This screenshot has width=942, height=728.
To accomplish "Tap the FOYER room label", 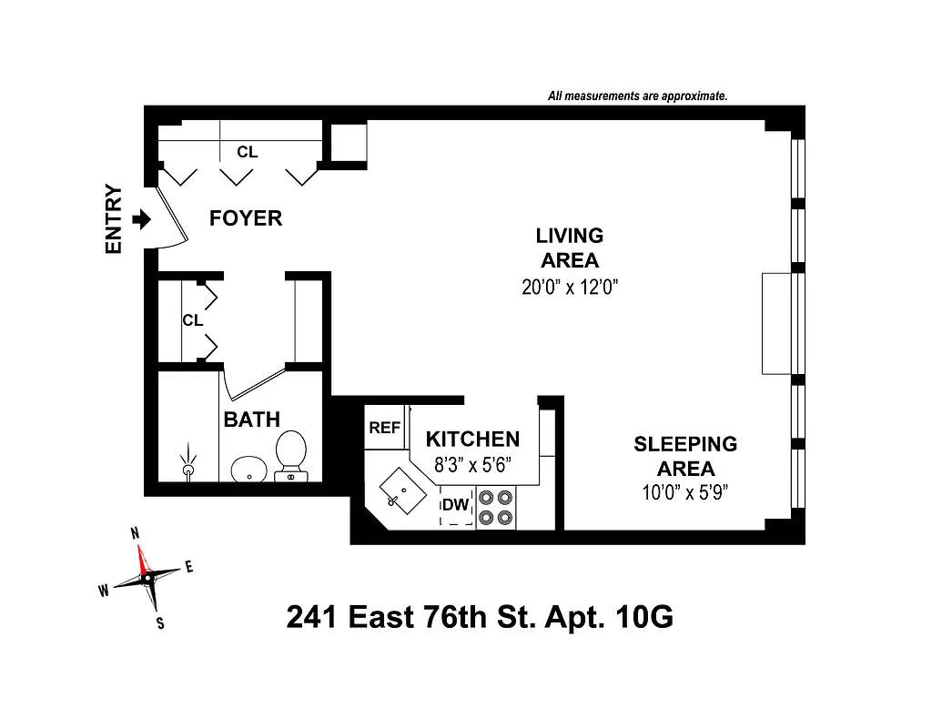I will pos(246,218).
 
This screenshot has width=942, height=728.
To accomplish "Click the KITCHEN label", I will pos(472,440).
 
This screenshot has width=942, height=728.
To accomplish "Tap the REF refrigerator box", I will pos(384,428).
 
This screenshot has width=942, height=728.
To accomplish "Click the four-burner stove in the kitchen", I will pos(496,508).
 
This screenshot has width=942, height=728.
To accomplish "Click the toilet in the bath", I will pos(291,454).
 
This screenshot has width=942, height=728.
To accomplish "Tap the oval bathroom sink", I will pos(246,470).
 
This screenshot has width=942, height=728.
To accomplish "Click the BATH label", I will pos(252,420).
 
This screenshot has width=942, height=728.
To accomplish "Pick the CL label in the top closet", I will pos(248,152).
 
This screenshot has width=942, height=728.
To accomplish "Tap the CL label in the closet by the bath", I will pos(192,320).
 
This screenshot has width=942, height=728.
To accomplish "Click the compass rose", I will pos(147,577).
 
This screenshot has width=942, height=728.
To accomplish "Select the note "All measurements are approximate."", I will pos(637,96).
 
